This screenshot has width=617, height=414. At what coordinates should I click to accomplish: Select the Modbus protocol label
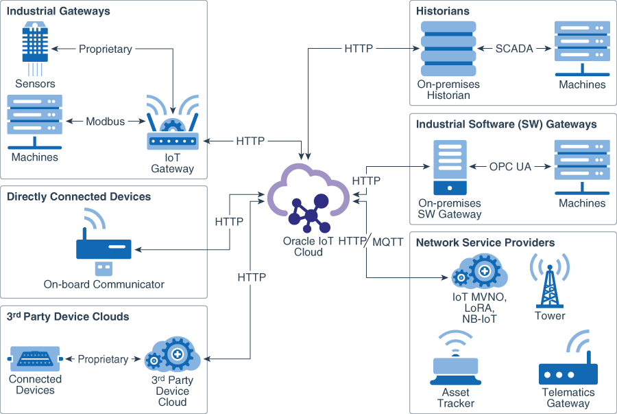click(x=105, y=122)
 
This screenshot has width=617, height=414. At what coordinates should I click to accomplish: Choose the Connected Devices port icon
click(x=35, y=359)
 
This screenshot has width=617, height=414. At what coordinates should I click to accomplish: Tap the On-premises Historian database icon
click(x=448, y=49)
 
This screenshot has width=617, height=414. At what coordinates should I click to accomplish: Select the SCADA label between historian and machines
click(x=514, y=49)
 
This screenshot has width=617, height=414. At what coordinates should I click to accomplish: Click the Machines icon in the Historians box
click(x=582, y=49)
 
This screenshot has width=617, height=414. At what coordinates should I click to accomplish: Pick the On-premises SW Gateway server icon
click(x=450, y=168)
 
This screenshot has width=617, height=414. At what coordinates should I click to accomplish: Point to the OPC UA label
click(x=510, y=167)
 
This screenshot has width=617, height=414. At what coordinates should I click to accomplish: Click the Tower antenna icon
click(x=550, y=280)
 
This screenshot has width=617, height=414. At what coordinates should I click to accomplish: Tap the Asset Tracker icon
click(x=455, y=358)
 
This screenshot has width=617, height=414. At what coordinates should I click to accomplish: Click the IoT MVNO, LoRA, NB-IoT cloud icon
click(x=479, y=271)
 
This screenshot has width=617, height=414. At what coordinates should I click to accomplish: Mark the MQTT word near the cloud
click(x=388, y=242)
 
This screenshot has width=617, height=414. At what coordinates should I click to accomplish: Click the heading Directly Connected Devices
click(x=79, y=196)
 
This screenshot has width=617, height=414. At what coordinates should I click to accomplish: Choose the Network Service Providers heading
click(x=485, y=242)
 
